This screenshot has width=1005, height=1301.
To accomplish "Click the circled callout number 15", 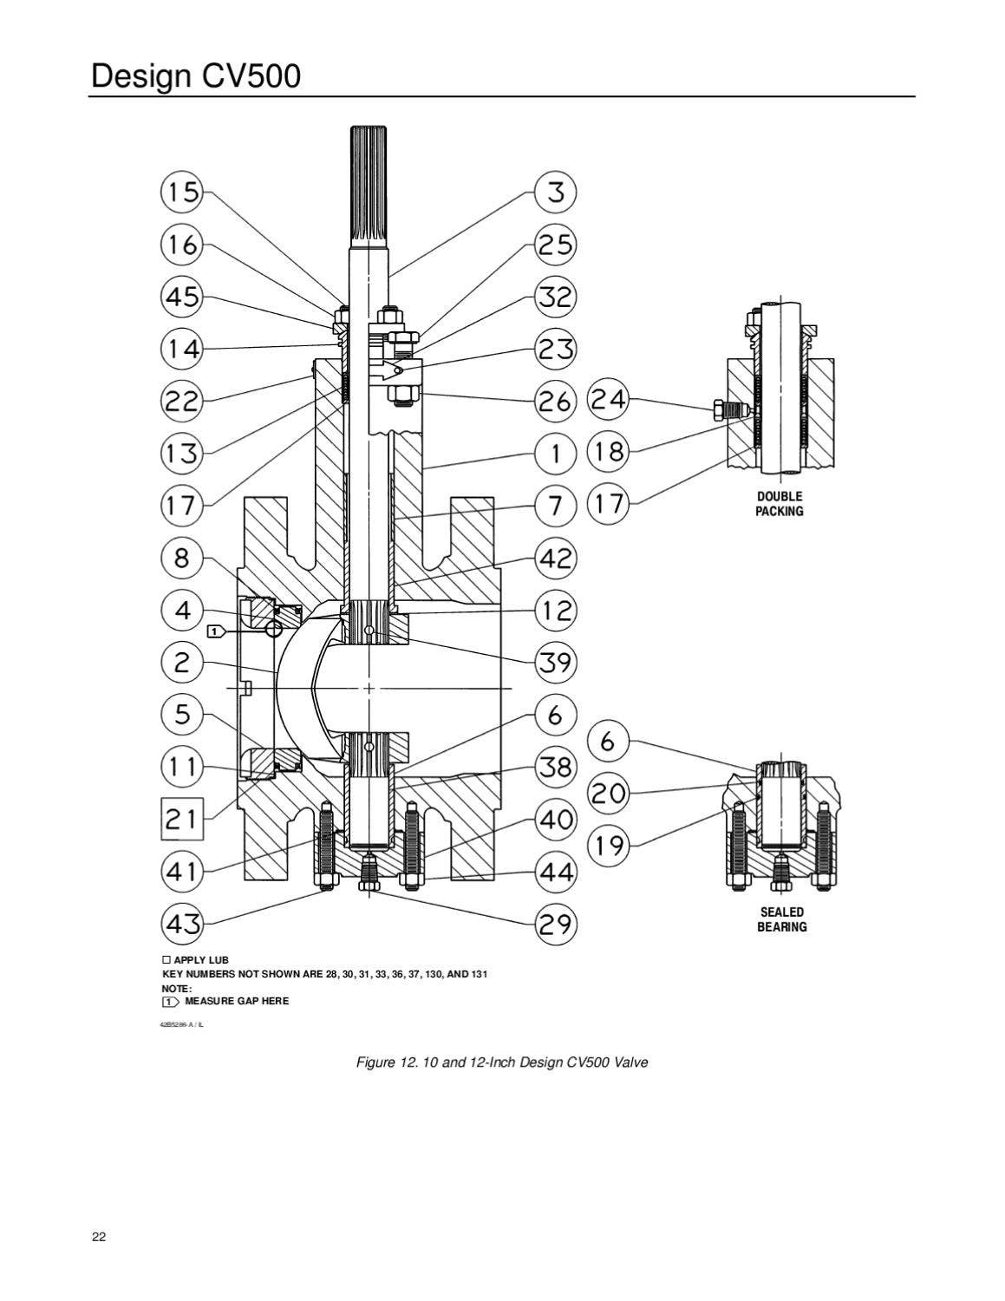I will coord(181,192).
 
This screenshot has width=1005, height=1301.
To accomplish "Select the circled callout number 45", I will coord(181,297).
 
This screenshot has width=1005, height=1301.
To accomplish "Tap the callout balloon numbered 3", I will coord(556,192).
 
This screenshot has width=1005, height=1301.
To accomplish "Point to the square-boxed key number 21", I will coord(181,818).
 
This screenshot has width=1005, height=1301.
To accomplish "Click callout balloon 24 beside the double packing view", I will coord(610,400).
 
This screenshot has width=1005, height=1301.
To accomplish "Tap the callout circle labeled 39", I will coord(556,663).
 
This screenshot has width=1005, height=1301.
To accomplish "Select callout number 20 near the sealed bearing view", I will coord(610,792).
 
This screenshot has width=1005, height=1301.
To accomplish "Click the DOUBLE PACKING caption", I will coord(780,504).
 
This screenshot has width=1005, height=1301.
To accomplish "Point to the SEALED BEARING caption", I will coord(781,919).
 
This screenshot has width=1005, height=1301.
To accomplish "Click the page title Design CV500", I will coord(196,76).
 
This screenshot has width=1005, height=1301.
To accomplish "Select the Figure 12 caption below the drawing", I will coord(502,1062).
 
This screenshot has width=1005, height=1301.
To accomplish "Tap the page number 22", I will coord(99,1237).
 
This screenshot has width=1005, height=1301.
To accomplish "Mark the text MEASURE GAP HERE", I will coord(237,1001).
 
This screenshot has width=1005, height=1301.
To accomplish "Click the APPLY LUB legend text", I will coord(200,960).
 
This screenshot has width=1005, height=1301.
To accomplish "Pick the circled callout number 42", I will coord(556,557).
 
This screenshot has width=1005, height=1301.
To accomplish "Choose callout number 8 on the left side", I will coord(181,557).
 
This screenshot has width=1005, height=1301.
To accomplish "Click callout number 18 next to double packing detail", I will coord(610,451).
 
